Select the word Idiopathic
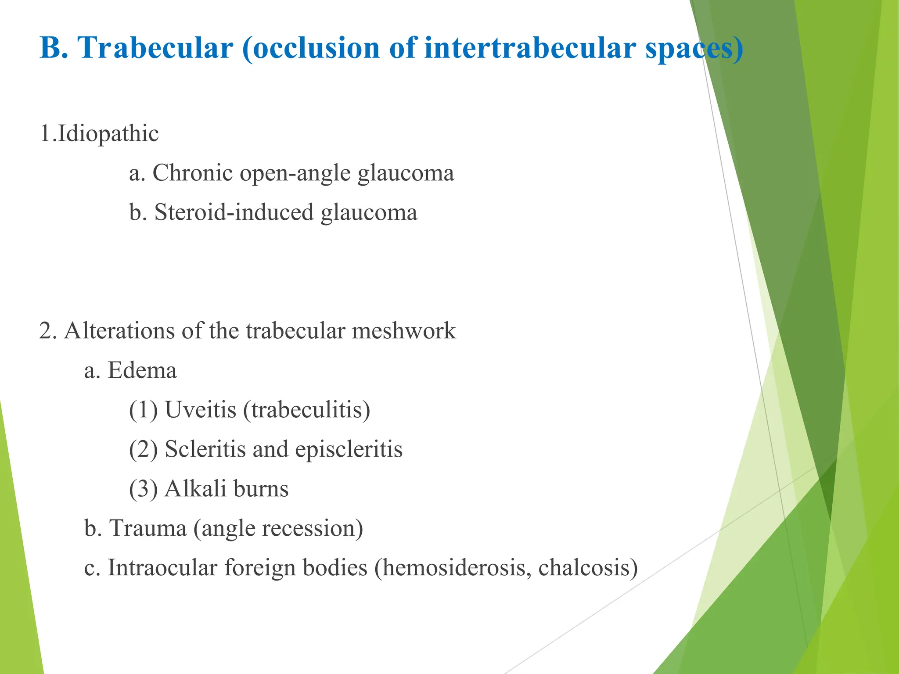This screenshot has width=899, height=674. pos(108,133)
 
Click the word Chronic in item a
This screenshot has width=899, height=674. pos(192,173)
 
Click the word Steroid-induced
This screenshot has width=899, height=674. pos(234,212)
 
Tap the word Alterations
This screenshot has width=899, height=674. pos(120,330)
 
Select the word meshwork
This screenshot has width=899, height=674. pos(403,330)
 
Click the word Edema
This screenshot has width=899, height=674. pos(142,370)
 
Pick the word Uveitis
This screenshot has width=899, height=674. pos(201,409)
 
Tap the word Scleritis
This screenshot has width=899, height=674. pos(205,449)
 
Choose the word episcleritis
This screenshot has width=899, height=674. pos(349,449)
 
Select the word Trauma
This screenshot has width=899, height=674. pos(148,528)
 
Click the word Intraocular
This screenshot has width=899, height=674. pos(162,567)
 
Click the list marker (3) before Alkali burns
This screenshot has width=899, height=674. pos(143,489)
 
